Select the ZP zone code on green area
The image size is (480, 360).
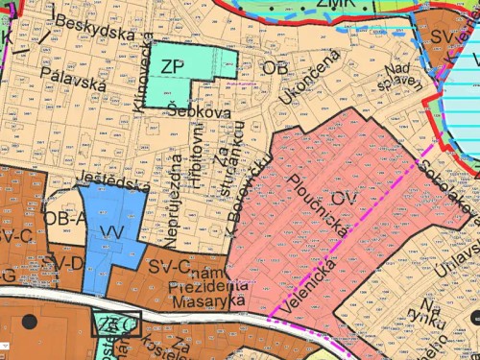(172, 66)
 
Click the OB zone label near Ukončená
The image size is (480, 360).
(275, 68)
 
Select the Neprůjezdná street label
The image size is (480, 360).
(177, 194)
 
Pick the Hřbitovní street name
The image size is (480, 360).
(198, 170)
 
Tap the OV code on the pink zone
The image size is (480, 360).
(346, 199)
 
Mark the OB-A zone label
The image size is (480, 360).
(65, 219)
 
